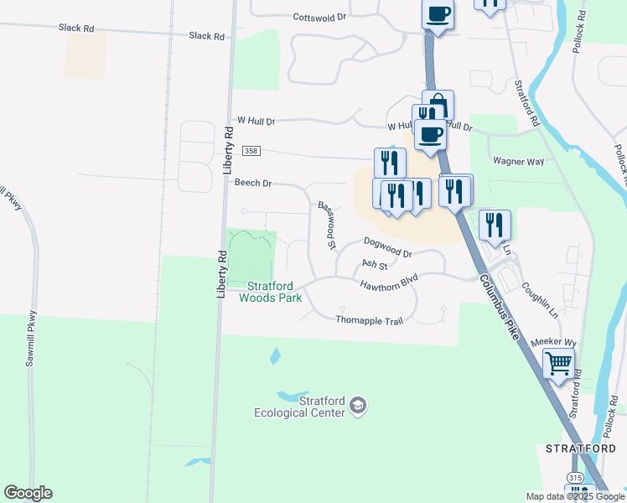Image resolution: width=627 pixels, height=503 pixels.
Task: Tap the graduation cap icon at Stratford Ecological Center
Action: (x=359, y=405)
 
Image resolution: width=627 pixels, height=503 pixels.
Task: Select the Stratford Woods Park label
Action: (x=270, y=291)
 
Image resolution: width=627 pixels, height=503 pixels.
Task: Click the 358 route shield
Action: (x=251, y=151)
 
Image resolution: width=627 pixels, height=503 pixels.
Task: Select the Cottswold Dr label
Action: (x=319, y=17)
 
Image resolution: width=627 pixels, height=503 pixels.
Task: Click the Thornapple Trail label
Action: (x=364, y=320)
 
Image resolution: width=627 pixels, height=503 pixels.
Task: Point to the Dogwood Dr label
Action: (x=388, y=247)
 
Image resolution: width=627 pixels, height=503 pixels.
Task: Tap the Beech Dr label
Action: (x=253, y=183)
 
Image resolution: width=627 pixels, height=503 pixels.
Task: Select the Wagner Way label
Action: (x=519, y=161)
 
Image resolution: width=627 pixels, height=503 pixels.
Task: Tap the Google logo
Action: (x=28, y=493)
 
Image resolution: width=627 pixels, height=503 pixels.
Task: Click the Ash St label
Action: (x=374, y=266)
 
